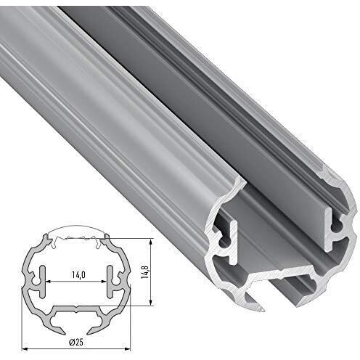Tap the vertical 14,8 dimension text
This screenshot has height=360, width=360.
pyautogui.click(x=145, y=271)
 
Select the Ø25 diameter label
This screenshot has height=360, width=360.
pyautogui.click(x=75, y=343)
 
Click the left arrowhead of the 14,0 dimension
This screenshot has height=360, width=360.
pyautogui.click(x=48, y=282)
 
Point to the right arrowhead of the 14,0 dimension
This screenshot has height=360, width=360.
pyautogui.click(x=103, y=282)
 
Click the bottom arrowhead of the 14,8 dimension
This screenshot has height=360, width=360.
pyautogui.click(x=151, y=303)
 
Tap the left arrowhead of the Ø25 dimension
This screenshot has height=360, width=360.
pyautogui.click(x=25, y=349)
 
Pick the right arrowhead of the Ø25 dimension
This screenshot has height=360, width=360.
pyautogui.click(x=127, y=349)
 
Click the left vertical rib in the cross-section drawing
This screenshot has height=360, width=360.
pyautogui.click(x=42, y=282)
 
